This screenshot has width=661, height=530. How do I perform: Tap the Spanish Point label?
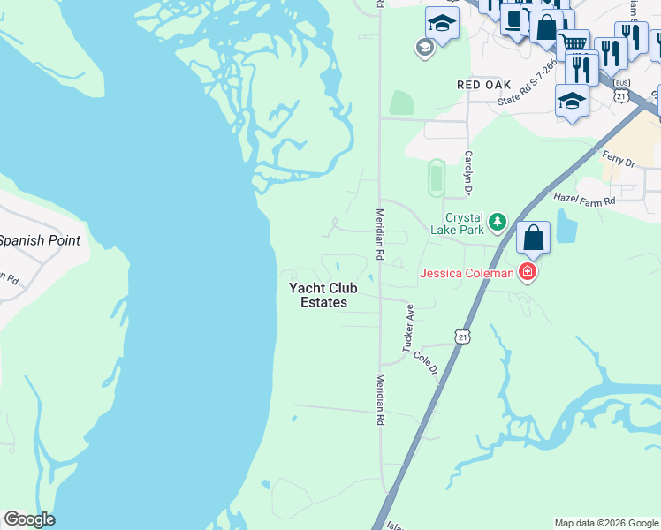tap(39, 240)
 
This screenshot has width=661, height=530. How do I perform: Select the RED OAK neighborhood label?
tap(484, 85)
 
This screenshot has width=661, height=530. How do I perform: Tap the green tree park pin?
tap(498, 221)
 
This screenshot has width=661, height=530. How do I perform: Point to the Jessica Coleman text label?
tap(466, 273)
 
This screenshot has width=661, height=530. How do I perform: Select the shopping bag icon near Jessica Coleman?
tap(533, 238)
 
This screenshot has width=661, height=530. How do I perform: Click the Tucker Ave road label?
tap(409, 329)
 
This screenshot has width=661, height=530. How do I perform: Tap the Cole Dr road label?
tap(425, 362)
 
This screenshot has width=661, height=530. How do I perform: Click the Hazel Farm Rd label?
tap(584, 201)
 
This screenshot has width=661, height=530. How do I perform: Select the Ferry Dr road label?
tap(619, 161)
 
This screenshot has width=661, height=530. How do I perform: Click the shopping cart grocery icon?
tap(573, 43)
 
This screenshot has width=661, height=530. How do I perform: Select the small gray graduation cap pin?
tap(424, 48)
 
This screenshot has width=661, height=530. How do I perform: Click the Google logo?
tap(29, 519)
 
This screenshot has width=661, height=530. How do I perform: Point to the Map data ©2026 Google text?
tap(606, 523)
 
